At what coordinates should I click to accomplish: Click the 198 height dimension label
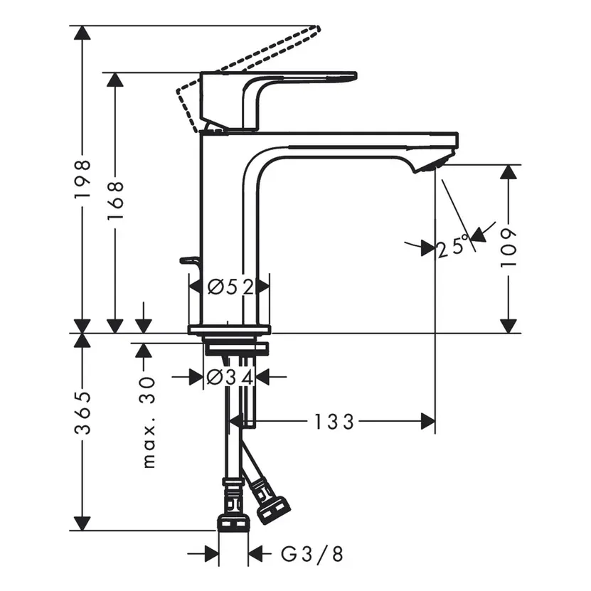click(83, 178)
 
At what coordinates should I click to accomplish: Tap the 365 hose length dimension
click(83, 412)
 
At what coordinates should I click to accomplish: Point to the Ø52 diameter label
click(229, 287)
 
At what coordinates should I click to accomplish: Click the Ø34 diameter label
click(229, 378)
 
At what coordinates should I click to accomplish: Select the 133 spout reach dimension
click(334, 422)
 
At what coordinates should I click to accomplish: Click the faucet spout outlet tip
click(434, 164)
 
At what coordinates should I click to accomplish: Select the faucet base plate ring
click(228, 329)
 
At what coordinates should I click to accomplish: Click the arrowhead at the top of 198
click(83, 33)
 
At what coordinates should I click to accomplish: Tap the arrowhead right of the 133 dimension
click(428, 422)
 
